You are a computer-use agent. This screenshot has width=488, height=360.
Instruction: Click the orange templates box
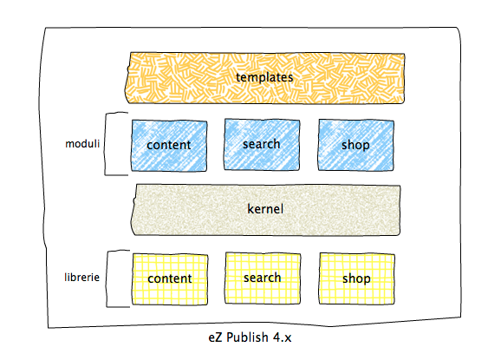tap(264, 78)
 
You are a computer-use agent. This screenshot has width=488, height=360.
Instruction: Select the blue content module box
tap(169, 146)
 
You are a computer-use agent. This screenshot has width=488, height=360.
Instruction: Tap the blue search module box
tap(262, 145)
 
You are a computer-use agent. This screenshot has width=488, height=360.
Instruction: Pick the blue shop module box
tap(356, 145)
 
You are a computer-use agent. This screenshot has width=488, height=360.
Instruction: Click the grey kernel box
tap(265, 210)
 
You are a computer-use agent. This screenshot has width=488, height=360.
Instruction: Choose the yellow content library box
tap(170, 279)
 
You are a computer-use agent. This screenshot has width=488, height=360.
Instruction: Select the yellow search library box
tap(263, 278)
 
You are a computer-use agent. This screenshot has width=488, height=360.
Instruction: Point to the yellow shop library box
tap(356, 278)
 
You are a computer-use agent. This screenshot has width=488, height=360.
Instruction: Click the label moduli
tap(82, 143)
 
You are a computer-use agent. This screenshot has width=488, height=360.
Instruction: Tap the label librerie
tap(81, 278)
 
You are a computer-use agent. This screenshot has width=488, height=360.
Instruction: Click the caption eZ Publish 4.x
tap(250, 337)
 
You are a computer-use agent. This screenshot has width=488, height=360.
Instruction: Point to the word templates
tap(264, 77)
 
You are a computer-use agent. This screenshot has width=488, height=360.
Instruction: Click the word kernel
tap(265, 209)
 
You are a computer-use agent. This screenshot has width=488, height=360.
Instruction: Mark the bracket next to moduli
tap(105, 144)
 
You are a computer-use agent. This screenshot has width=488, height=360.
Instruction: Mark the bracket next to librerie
tap(107, 278)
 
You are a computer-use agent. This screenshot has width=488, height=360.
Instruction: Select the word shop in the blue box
tap(355, 145)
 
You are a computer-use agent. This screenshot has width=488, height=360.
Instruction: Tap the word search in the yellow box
tap(263, 278)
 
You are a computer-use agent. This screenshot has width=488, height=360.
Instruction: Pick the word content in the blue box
tap(169, 145)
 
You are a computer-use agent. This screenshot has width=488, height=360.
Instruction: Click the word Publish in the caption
tap(247, 337)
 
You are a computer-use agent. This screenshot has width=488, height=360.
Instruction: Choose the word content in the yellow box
tap(170, 278)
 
